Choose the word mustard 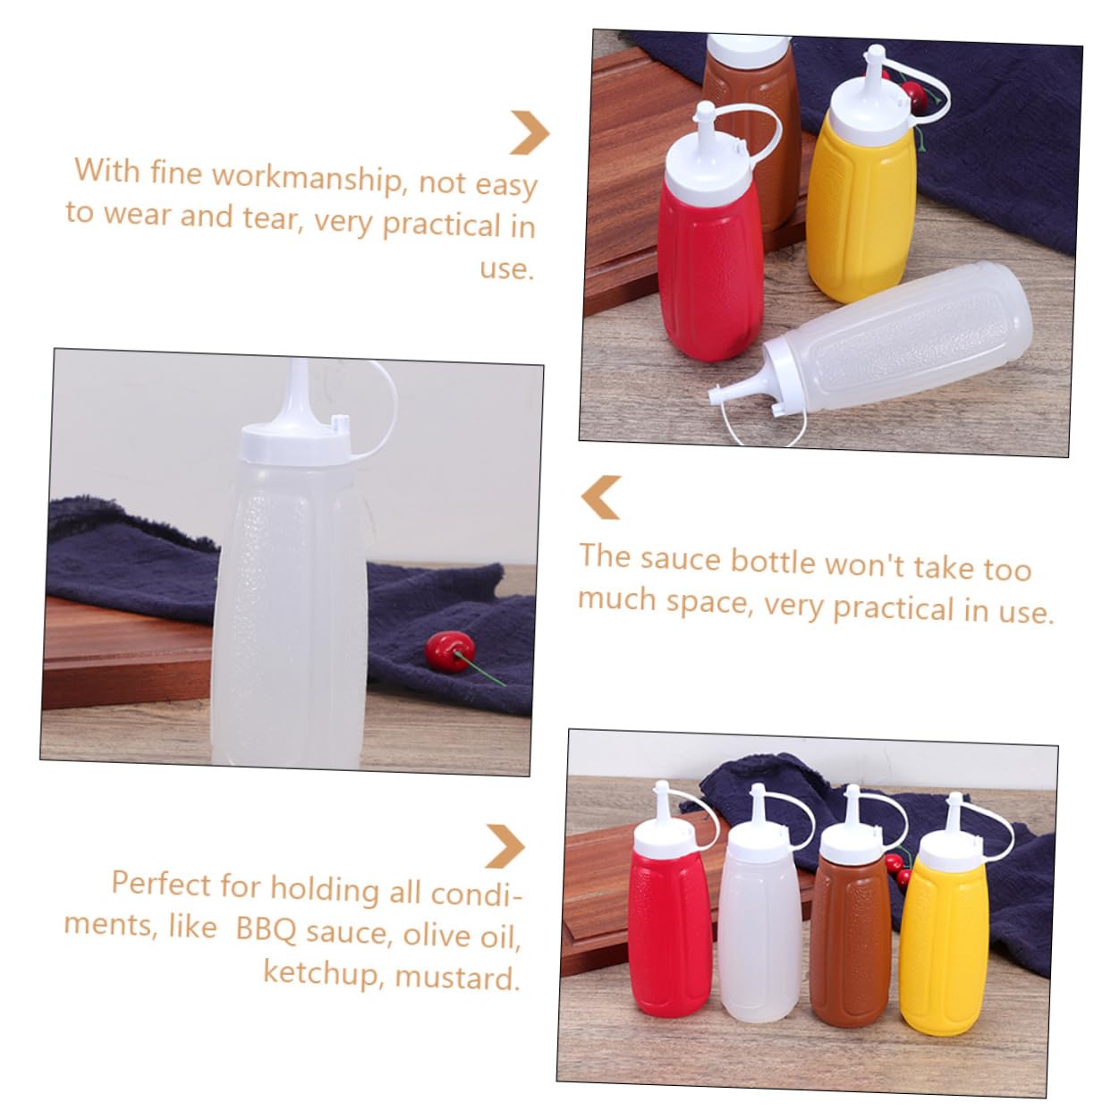[457, 976]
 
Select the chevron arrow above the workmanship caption [530, 132]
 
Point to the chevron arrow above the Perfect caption [505, 845]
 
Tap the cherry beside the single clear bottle [449, 648]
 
